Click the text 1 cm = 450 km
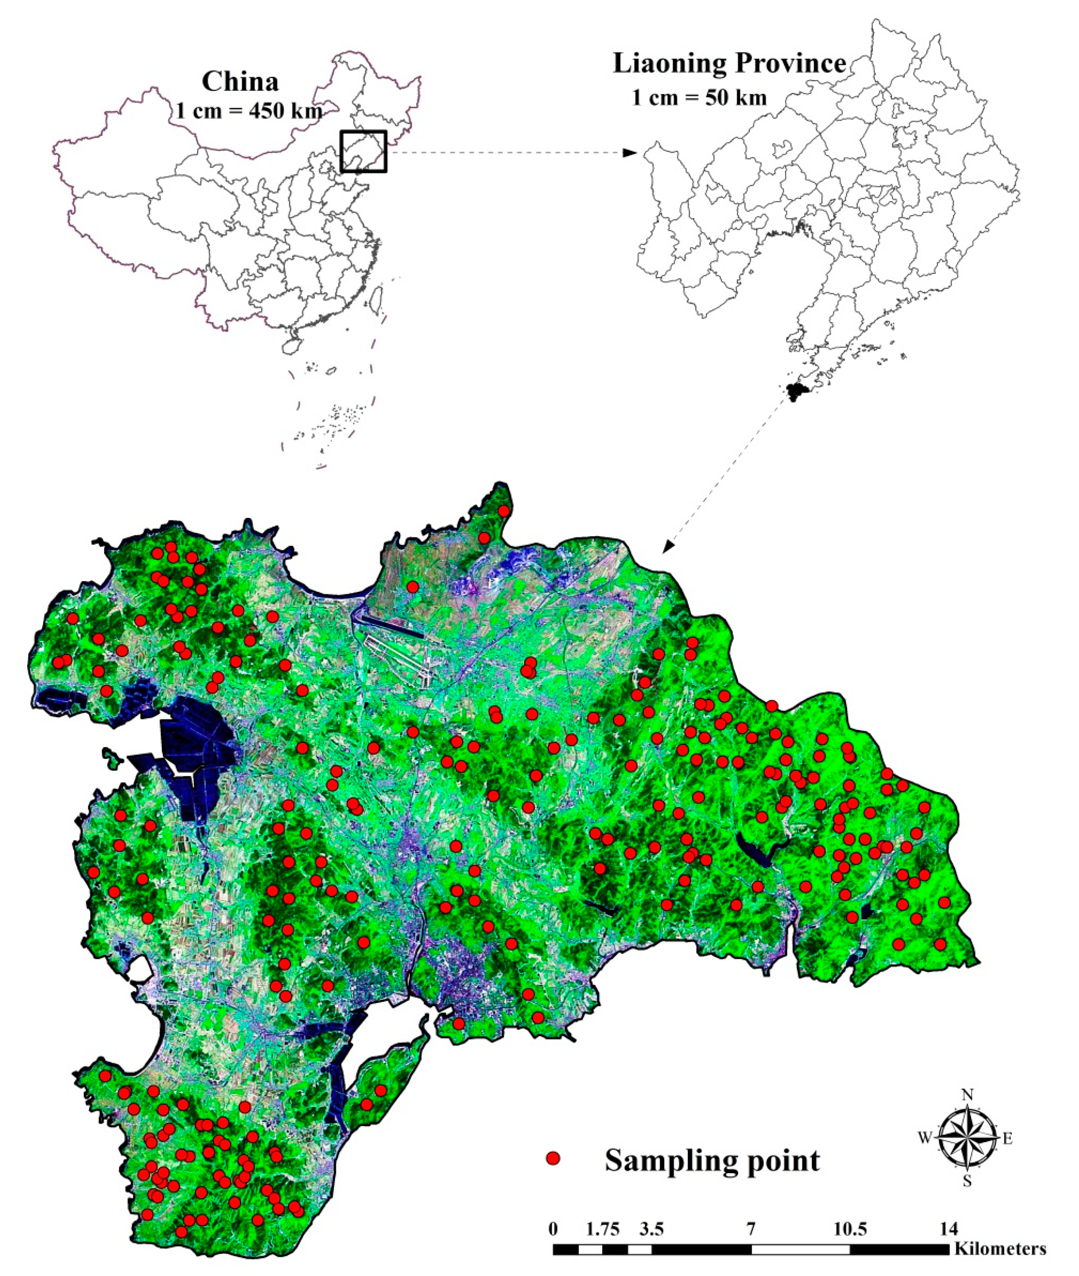click(249, 111)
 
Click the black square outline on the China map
click(363, 151)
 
